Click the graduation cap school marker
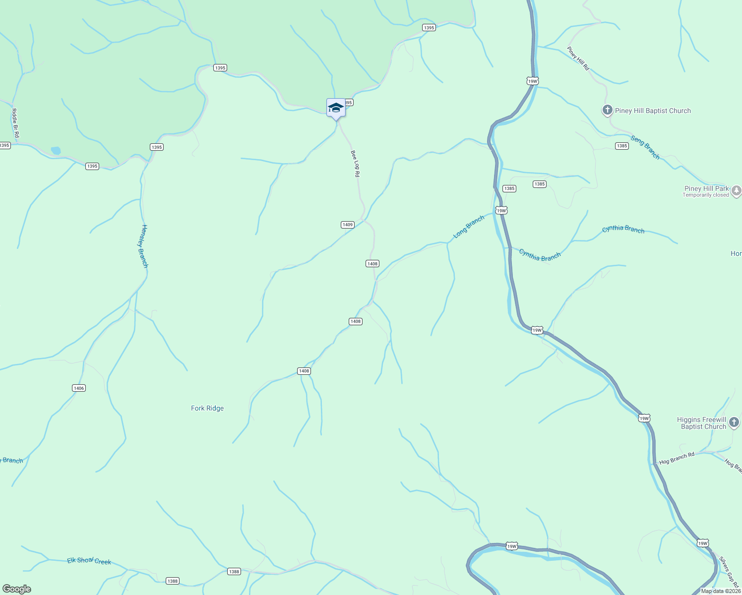[336, 108]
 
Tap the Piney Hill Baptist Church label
[653, 111]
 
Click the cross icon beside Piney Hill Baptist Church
[607, 110]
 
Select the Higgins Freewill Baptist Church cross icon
[734, 423]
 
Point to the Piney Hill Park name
[706, 188]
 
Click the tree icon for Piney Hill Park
[737, 190]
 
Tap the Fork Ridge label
[207, 408]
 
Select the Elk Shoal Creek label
[89, 561]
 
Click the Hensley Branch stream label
[144, 246]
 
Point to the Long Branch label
[469, 227]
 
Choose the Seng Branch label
[645, 147]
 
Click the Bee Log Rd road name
[355, 164]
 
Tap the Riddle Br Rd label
[15, 123]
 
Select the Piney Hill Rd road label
[578, 59]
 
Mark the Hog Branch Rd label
[677, 458]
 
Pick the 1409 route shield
[348, 225]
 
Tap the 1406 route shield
[79, 388]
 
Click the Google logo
[16, 589]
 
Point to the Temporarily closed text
[705, 195]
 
